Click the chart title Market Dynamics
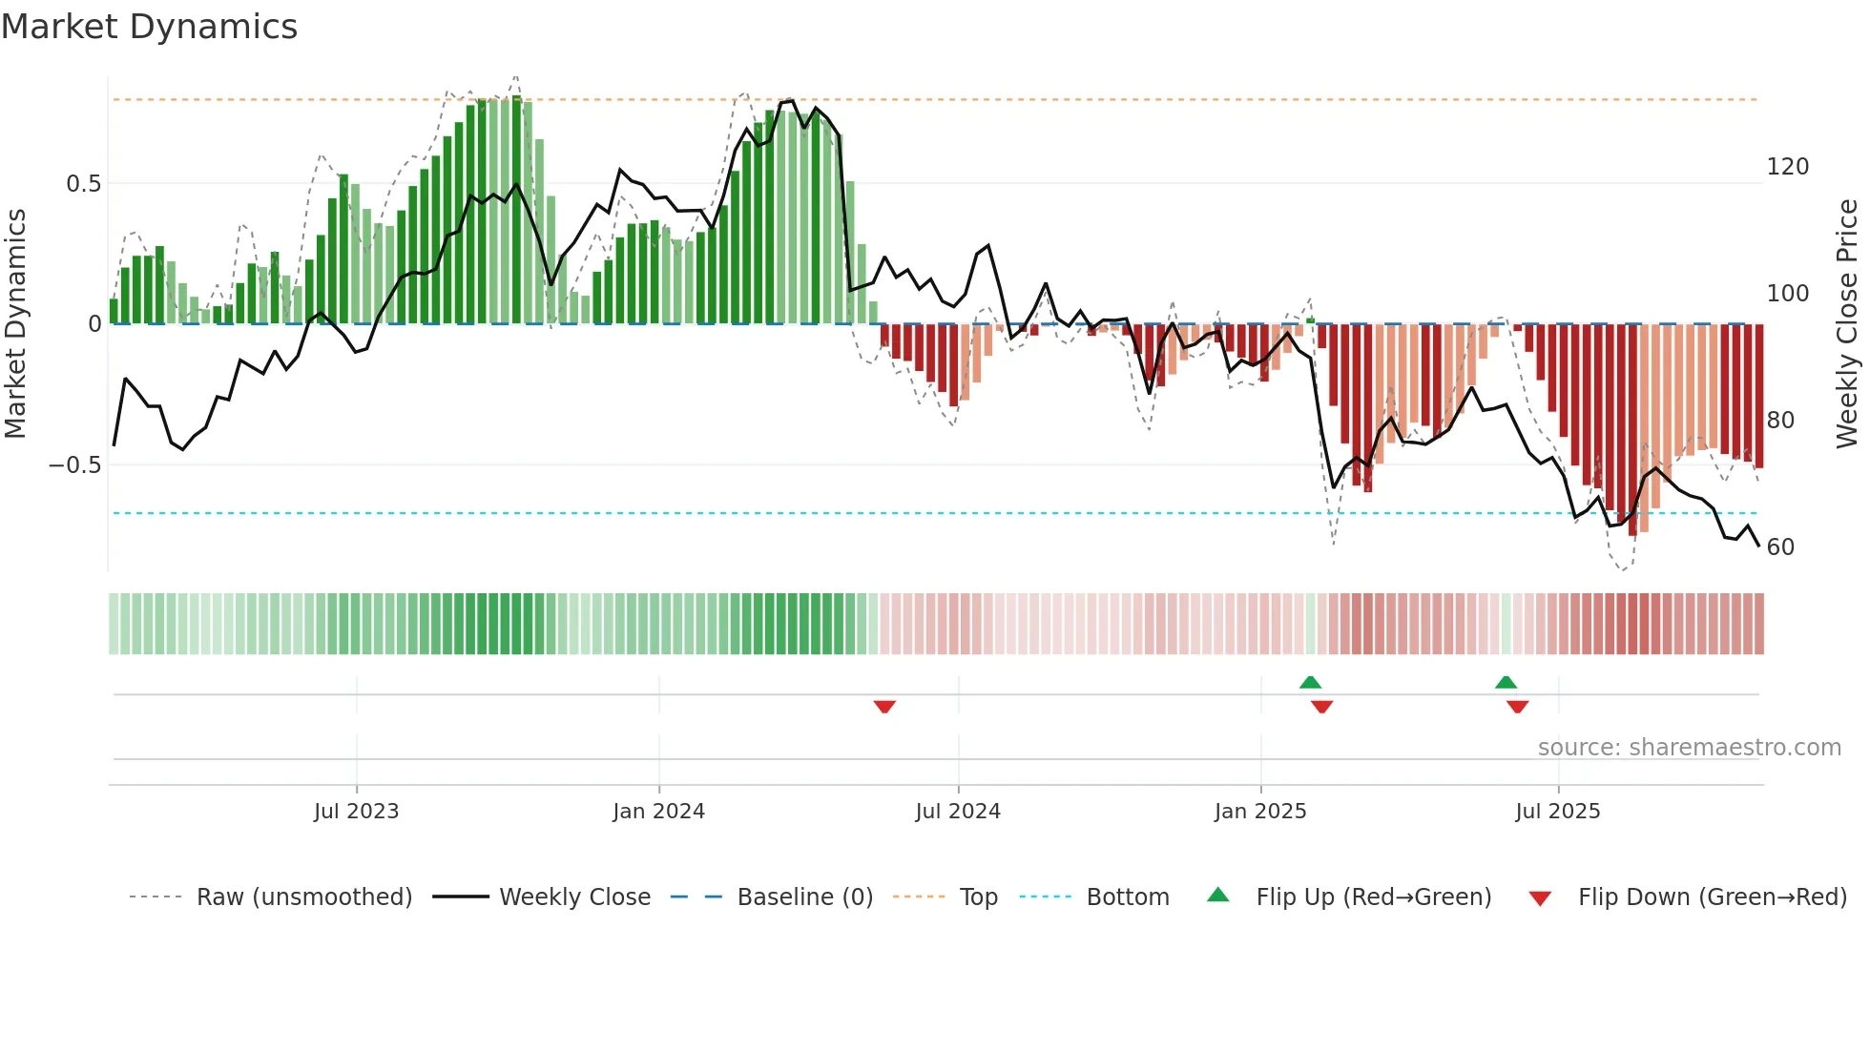[x=149, y=27]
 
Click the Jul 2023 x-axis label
[x=356, y=812]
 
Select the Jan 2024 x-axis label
[x=658, y=812]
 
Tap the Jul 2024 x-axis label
[x=958, y=812]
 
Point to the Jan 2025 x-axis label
[x=1260, y=812]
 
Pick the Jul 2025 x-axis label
[x=1558, y=812]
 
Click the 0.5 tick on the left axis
[x=84, y=183]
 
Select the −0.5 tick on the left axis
[x=75, y=465]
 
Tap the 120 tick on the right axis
[x=1787, y=167]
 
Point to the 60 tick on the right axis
[x=1780, y=547]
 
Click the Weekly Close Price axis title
[x=1847, y=323]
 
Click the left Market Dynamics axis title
[x=15, y=323]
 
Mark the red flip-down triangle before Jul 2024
[x=884, y=707]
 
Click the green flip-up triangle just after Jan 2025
[x=1310, y=682]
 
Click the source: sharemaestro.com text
[x=1689, y=748]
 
